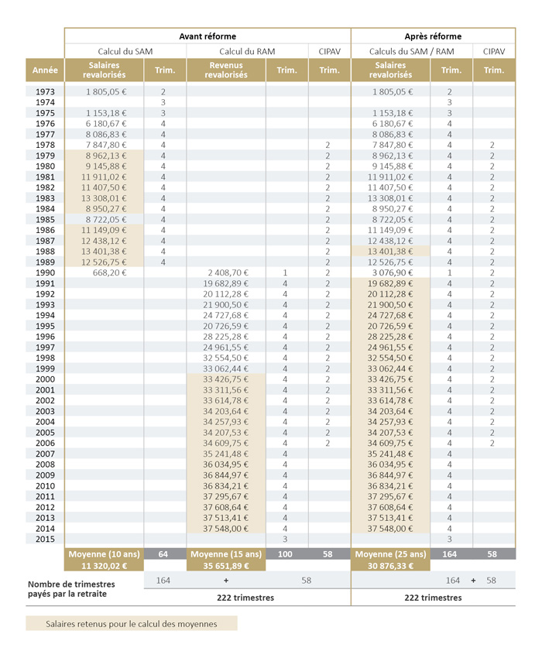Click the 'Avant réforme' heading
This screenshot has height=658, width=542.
click(x=208, y=36)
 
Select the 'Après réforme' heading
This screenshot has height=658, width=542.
click(x=433, y=36)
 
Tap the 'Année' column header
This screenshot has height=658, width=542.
click(x=45, y=70)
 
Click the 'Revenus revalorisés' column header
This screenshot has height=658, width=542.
click(x=226, y=70)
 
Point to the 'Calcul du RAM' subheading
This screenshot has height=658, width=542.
click(x=225, y=51)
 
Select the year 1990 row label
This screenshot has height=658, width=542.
click(x=45, y=273)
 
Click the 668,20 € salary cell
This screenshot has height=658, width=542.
click(x=110, y=273)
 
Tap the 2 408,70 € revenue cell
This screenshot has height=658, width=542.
click(x=226, y=273)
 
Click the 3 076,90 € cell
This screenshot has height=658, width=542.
click(x=391, y=273)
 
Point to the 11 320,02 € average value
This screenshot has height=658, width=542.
click(x=104, y=566)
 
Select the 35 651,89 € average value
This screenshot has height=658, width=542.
click(x=225, y=566)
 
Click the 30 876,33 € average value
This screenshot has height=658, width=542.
click(x=391, y=566)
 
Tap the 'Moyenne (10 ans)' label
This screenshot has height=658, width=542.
click(x=104, y=554)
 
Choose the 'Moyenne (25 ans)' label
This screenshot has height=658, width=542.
click(x=391, y=554)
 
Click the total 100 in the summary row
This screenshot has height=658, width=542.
click(x=286, y=554)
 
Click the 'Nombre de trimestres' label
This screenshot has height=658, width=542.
click(x=71, y=584)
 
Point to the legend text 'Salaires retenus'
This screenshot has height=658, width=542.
click(x=131, y=623)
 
